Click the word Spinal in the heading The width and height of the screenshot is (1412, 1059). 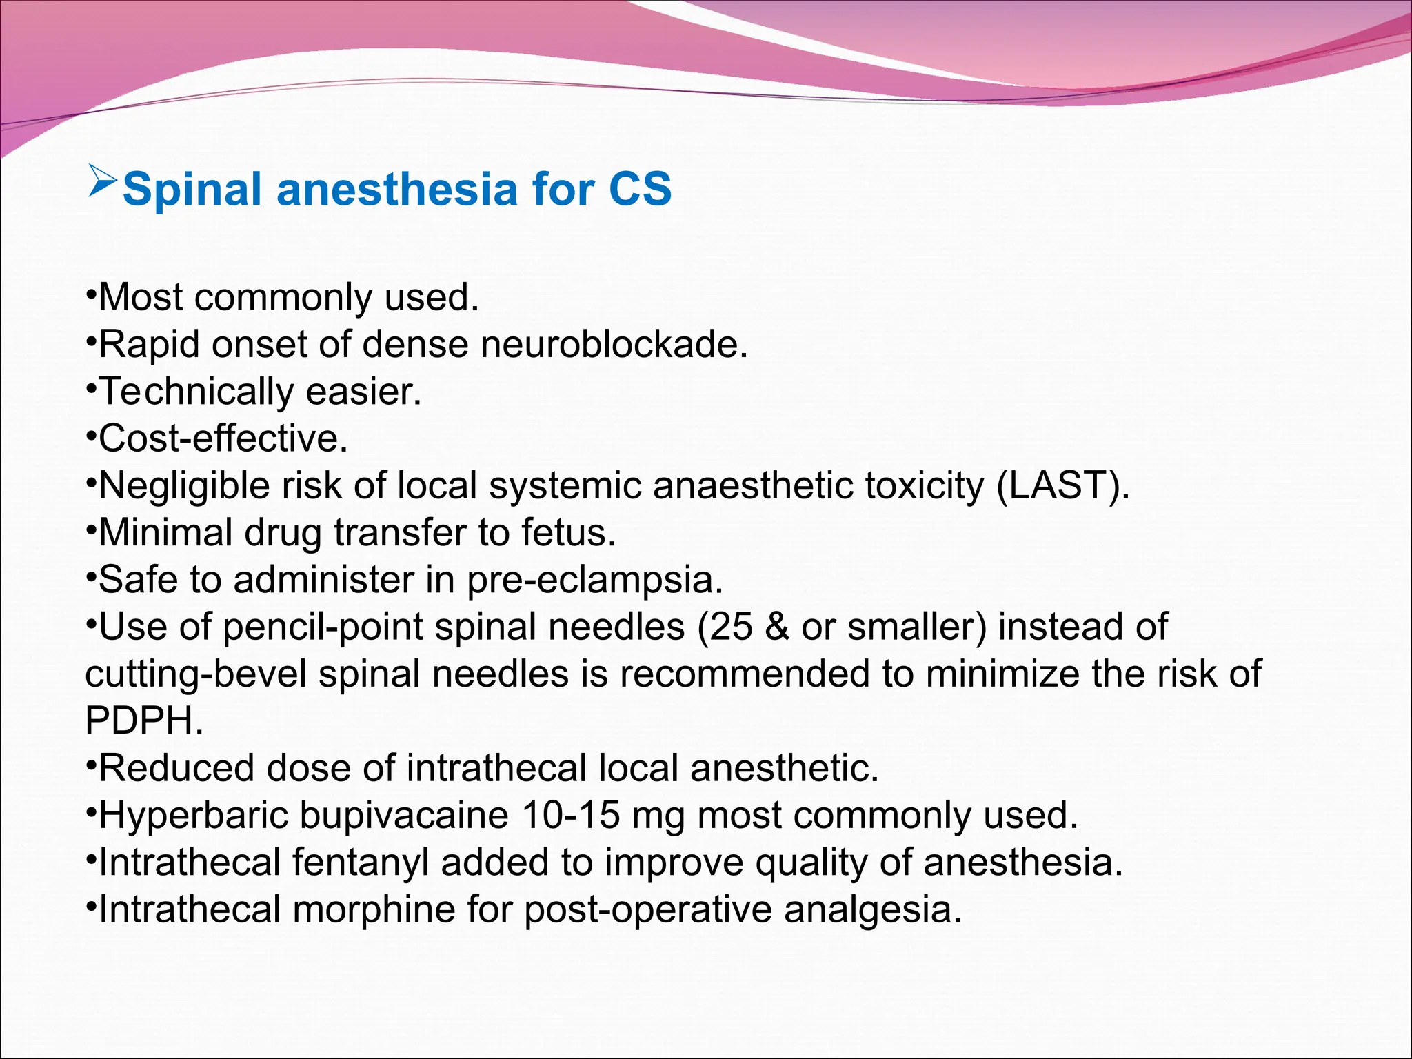tap(192, 189)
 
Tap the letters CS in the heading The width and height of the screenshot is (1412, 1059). tap(640, 189)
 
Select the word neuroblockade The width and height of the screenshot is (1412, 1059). tap(614, 344)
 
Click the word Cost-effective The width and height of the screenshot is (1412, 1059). tap(223, 438)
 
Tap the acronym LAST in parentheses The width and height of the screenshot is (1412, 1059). tap(1062, 485)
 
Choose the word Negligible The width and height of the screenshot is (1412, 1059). tap(184, 485)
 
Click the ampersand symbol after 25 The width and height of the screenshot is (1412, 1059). tap(777, 627)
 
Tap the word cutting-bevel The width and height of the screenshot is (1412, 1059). tap(196, 674)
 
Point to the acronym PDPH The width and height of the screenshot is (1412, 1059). tap(143, 720)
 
